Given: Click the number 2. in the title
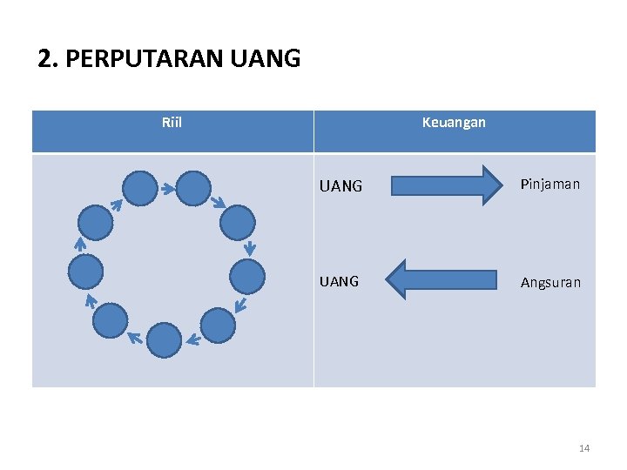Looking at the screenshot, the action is [48, 59].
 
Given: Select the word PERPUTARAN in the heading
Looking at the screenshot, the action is [145, 59].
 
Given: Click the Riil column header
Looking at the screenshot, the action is [172, 123].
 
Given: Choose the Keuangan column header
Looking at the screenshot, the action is [454, 123].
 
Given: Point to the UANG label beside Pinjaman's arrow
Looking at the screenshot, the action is [340, 186].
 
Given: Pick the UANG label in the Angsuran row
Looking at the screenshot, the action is [340, 281].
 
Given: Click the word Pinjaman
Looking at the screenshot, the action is [550, 185].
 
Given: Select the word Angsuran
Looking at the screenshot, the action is [550, 282].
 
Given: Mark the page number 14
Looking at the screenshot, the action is [583, 448].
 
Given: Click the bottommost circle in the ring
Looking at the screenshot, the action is [164, 339].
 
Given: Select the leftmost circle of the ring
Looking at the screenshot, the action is [85, 272].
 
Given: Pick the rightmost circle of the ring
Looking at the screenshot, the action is [247, 276].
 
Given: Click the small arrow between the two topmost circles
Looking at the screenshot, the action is [165, 187].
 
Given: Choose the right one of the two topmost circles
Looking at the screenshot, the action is [193, 187].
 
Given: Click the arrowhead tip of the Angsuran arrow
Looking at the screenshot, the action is [386, 279].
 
